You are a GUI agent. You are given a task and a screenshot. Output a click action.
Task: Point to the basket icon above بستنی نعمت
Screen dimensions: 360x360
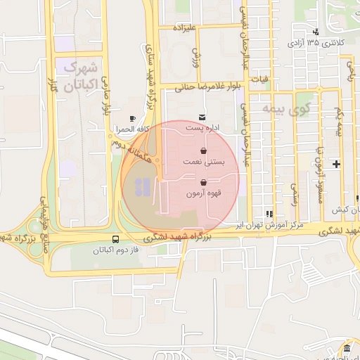tap(203, 150)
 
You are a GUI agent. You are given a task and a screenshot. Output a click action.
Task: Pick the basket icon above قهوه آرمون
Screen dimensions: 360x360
tap(203, 183)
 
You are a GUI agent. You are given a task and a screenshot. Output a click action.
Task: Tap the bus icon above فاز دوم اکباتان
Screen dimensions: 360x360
tap(115, 239)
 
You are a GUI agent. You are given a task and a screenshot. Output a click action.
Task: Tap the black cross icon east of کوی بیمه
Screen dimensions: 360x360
tap(337, 165)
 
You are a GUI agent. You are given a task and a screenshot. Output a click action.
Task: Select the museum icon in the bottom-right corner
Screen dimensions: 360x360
tap(346, 349)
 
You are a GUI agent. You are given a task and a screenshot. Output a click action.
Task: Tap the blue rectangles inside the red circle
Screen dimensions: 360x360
tap(141, 187)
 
